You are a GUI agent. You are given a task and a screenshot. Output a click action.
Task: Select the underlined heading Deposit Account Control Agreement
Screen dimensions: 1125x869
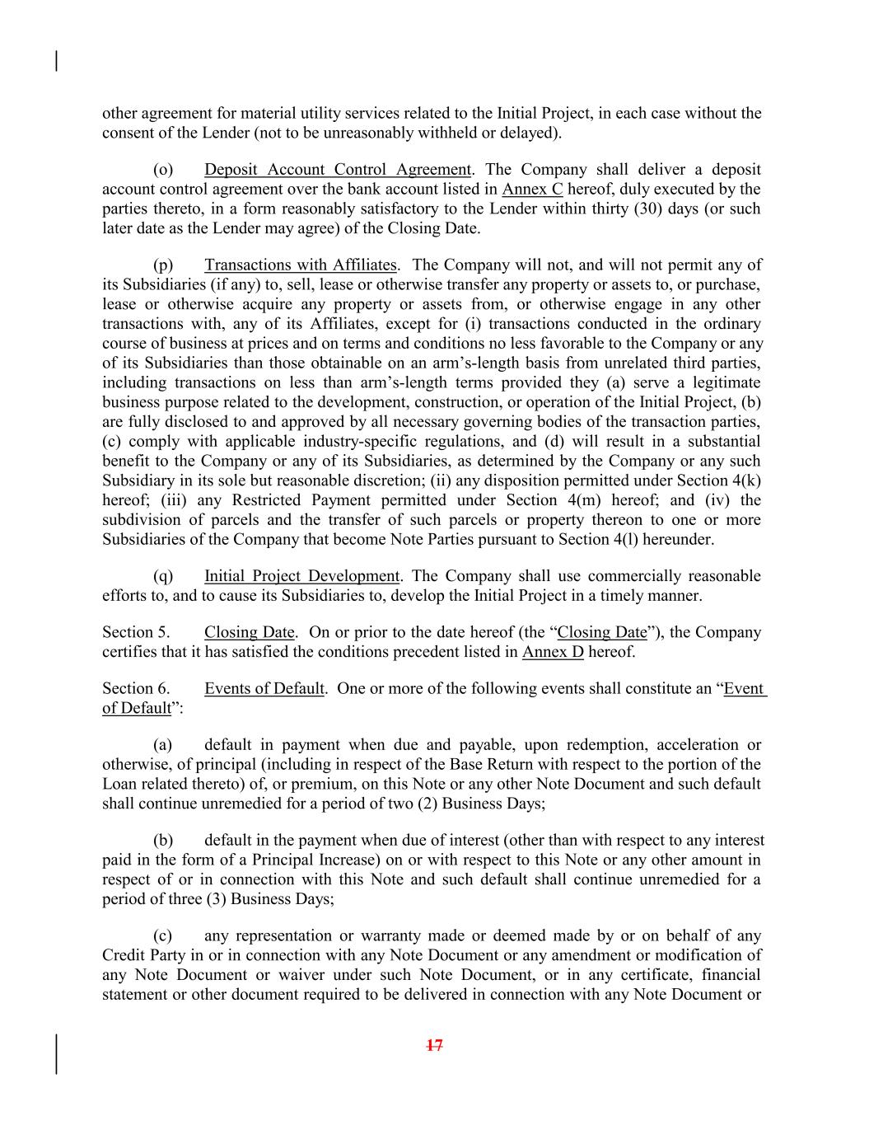338,170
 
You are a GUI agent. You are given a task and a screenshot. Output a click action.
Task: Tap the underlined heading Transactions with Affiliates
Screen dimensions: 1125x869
301,265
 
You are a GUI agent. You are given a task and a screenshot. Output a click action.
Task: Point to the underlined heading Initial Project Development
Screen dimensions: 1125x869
301,576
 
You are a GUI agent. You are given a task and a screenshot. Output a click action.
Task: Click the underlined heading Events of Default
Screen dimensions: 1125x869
264,688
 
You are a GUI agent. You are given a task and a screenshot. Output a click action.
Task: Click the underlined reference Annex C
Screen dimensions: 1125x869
532,190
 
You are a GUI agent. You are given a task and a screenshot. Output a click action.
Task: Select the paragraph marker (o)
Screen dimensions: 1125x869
163,170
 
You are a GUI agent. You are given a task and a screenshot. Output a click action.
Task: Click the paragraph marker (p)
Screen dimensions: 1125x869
163,265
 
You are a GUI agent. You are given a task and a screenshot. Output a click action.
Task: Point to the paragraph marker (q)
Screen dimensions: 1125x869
163,576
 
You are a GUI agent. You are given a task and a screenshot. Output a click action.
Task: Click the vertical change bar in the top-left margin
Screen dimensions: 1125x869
56,62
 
